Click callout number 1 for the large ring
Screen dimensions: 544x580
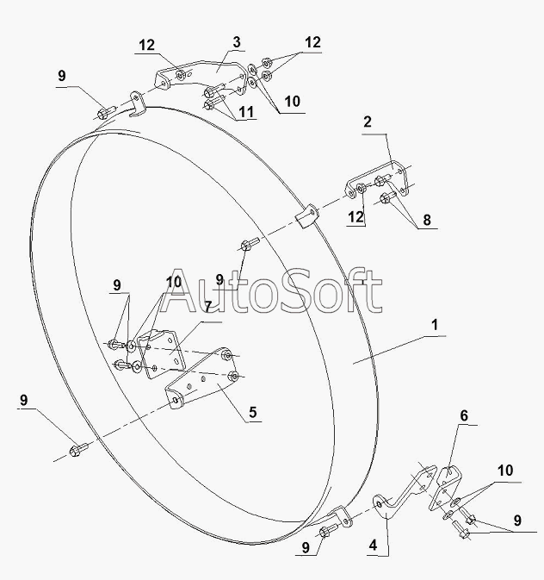pyautogui.click(x=435, y=325)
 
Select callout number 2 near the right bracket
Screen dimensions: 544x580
pyautogui.click(x=367, y=122)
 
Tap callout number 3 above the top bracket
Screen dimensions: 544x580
pyautogui.click(x=237, y=42)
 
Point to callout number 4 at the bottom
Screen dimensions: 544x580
pyautogui.click(x=373, y=545)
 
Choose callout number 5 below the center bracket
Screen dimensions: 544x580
pyautogui.click(x=253, y=412)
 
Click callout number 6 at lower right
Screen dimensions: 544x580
pyautogui.click(x=464, y=415)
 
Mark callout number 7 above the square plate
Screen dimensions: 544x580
pyautogui.click(x=207, y=307)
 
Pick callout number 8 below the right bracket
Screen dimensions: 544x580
pyautogui.click(x=427, y=220)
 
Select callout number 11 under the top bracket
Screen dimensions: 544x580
pyautogui.click(x=246, y=112)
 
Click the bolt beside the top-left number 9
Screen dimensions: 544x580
pyautogui.click(x=107, y=112)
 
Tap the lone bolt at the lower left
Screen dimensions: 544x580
pyautogui.click(x=78, y=450)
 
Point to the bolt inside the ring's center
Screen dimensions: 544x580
pyautogui.click(x=250, y=244)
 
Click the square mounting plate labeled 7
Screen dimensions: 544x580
pyautogui.click(x=162, y=354)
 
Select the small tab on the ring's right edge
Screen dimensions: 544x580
pyautogui.click(x=307, y=217)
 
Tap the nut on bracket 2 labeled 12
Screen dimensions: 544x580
pyautogui.click(x=361, y=189)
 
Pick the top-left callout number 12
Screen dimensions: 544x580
pyautogui.click(x=146, y=45)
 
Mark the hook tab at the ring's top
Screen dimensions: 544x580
pyautogui.click(x=137, y=104)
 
